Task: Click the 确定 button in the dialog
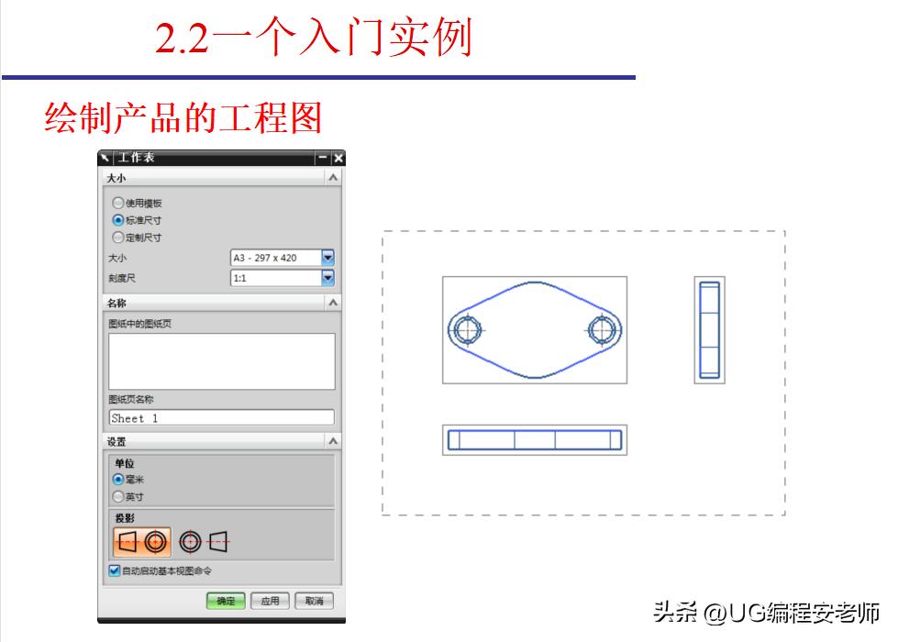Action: click(x=226, y=601)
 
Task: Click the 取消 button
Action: click(x=315, y=601)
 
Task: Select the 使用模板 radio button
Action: click(x=117, y=203)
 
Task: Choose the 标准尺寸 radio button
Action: click(x=117, y=220)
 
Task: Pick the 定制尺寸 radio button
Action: click(x=117, y=238)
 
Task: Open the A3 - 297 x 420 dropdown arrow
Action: click(x=327, y=259)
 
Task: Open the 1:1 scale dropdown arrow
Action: click(x=327, y=277)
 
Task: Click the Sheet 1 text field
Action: click(x=221, y=417)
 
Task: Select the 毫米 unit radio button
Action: click(x=117, y=479)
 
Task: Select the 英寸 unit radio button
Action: click(x=117, y=496)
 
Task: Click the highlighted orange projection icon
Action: click(x=142, y=542)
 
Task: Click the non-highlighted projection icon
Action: click(x=204, y=542)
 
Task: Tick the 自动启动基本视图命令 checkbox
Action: click(x=115, y=570)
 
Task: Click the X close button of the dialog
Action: click(x=338, y=158)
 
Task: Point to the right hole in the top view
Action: click(x=603, y=329)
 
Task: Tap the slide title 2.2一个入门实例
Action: click(x=313, y=39)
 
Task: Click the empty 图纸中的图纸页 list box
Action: click(x=221, y=360)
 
